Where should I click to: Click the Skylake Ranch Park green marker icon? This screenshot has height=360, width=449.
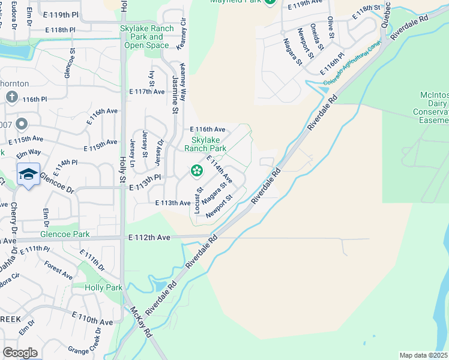pos(196,172)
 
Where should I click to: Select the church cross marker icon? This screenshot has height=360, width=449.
pos(11,97)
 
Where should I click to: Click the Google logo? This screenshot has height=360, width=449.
pos(20,353)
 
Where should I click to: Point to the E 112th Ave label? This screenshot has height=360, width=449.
pos(149,238)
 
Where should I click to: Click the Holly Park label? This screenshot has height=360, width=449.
pos(104,287)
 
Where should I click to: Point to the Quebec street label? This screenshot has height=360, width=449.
pos(386,14)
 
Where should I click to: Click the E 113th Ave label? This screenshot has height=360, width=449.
pos(173,203)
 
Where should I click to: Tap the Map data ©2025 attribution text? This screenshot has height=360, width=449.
pos(424,355)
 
